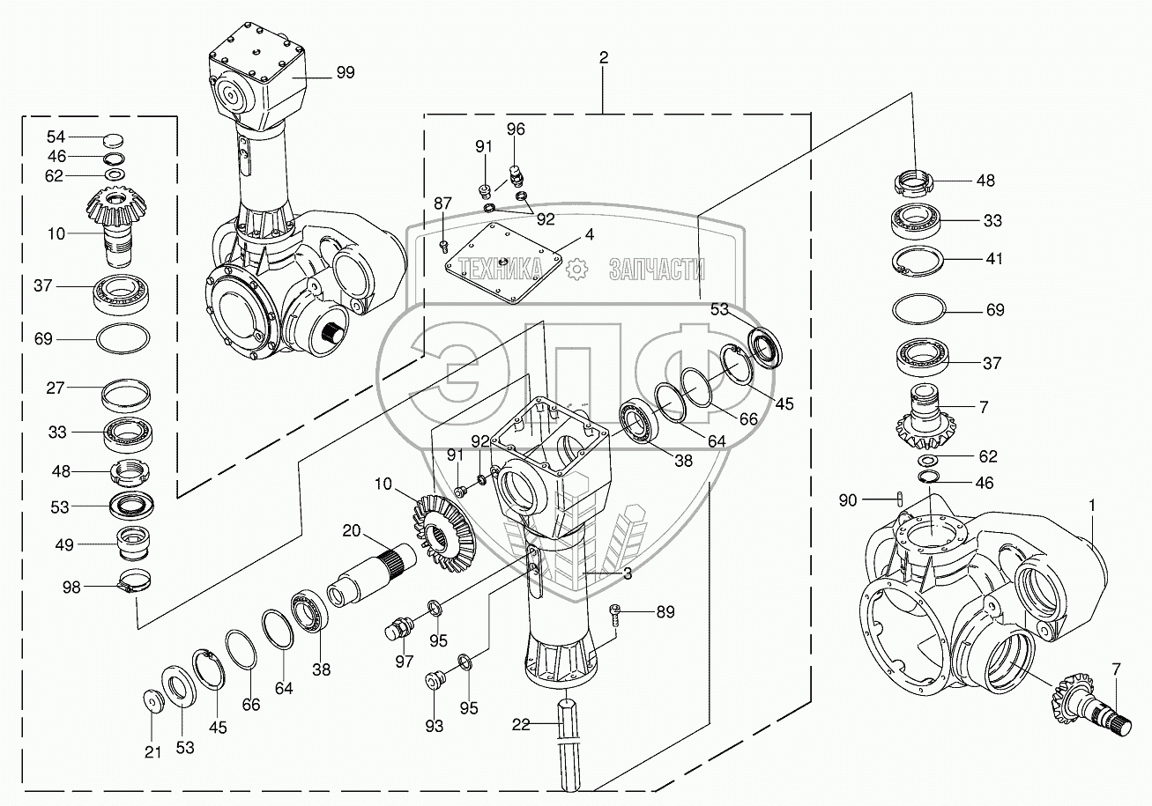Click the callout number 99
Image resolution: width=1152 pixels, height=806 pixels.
pos(346,72)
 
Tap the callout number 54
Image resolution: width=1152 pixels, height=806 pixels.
pos(56,137)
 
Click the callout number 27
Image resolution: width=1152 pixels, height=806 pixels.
pos(56,388)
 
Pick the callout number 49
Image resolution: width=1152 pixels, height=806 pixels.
pos(64,544)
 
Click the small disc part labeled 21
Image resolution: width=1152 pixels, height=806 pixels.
pos(153,702)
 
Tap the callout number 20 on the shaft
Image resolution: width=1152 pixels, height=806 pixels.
pos(352,530)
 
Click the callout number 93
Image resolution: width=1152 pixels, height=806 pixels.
pos(434,726)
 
